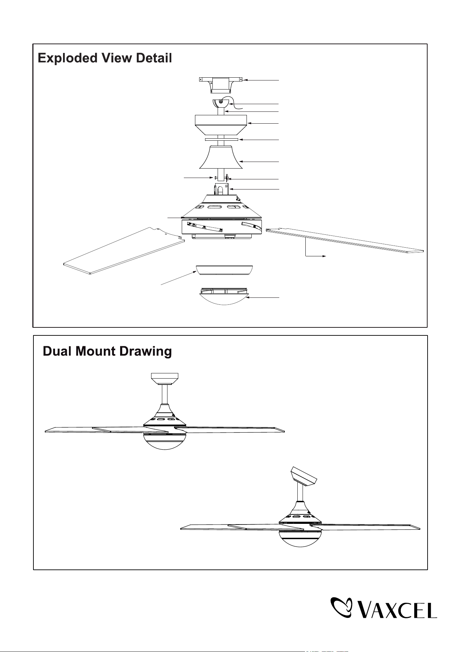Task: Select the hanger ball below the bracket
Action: [221, 103]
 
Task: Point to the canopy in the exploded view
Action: [221, 125]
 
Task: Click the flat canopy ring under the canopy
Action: [221, 139]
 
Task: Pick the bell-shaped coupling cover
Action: [221, 157]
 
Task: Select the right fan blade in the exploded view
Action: [345, 240]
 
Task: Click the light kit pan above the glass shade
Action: [224, 270]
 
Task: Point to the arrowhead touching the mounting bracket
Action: [245, 80]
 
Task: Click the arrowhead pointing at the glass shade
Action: [248, 298]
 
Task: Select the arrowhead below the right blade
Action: [324, 256]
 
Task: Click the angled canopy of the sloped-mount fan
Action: [304, 476]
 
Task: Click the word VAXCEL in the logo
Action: [398, 608]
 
